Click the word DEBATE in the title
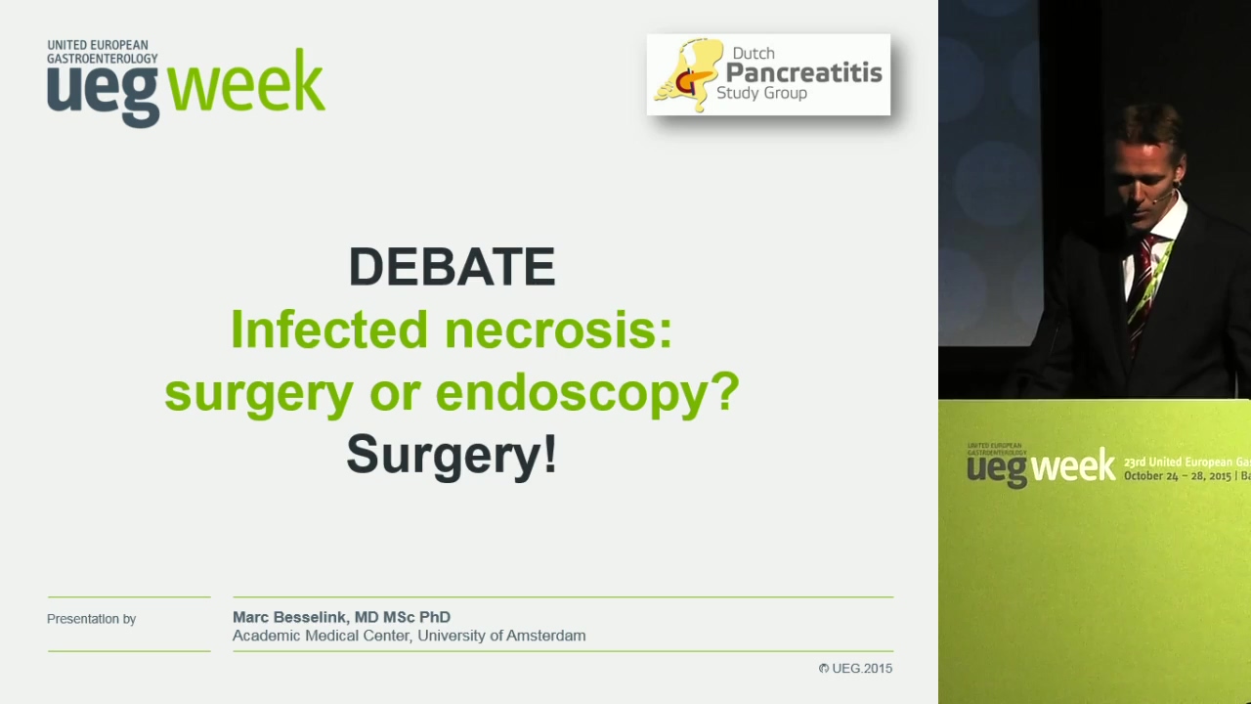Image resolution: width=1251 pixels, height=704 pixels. click(452, 267)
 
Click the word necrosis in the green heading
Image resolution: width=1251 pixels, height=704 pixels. click(558, 330)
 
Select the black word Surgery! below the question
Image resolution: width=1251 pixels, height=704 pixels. click(452, 456)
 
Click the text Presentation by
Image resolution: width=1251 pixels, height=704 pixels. click(92, 619)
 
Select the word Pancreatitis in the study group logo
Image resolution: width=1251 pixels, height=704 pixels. click(804, 72)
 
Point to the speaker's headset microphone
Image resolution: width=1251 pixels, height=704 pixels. click(1163, 196)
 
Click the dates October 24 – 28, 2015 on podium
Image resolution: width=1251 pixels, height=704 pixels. click(1178, 476)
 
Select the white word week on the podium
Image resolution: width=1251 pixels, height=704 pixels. click(1072, 464)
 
